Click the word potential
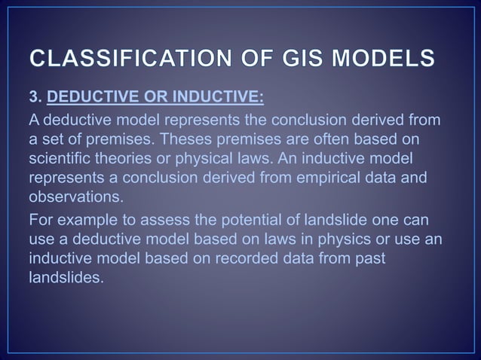click(247, 220)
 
